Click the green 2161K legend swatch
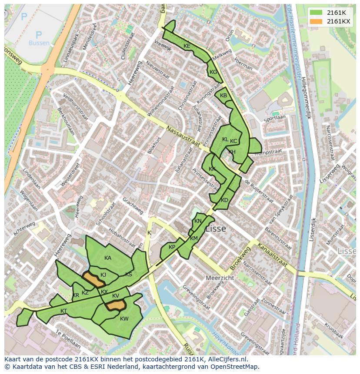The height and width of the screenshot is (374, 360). pyautogui.click(x=316, y=13)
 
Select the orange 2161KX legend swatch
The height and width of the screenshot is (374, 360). pyautogui.click(x=316, y=21)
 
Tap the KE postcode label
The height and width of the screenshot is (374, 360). pyautogui.click(x=187, y=46)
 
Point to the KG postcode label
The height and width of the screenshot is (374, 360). pyautogui.click(x=213, y=72)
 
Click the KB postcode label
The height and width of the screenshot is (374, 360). pyautogui.click(x=223, y=96)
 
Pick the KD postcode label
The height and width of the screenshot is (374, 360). pyautogui.click(x=224, y=200)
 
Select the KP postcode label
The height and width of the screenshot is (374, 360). pyautogui.click(x=172, y=247)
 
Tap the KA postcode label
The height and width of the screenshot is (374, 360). pyautogui.click(x=108, y=258)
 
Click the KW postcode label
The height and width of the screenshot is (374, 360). pyautogui.click(x=124, y=319)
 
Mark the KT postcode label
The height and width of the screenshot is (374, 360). pyautogui.click(x=64, y=311)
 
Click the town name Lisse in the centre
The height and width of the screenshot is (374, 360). pyautogui.click(x=216, y=228)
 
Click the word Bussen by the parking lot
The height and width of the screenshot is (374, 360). pyautogui.click(x=39, y=43)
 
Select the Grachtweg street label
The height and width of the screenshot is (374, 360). pyautogui.click(x=133, y=205)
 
